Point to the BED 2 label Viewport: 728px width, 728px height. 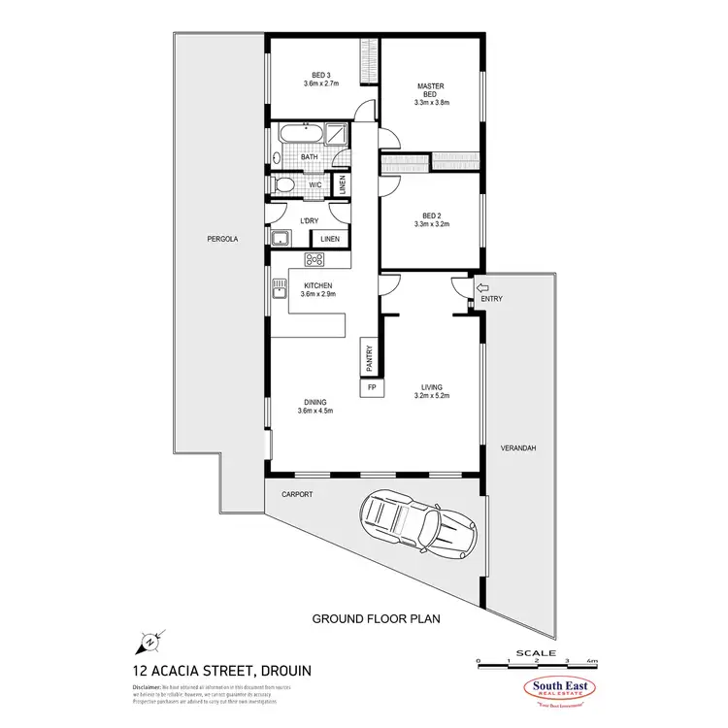click(x=431, y=218)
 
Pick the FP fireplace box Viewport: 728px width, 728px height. click(x=372, y=387)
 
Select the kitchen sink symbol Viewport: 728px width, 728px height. click(x=279, y=286)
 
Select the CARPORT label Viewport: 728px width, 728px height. click(x=297, y=494)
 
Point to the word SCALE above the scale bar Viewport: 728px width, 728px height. click(x=536, y=653)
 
